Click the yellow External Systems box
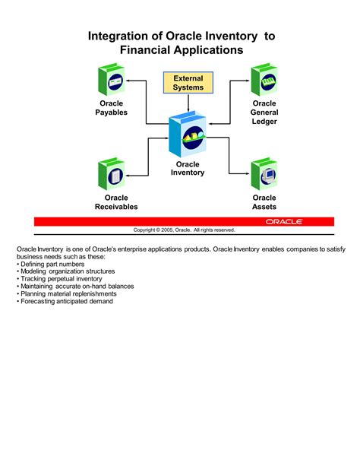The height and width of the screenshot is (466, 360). pos(188,82)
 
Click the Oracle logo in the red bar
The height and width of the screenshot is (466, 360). pos(284,221)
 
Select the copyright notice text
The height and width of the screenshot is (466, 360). pos(185,230)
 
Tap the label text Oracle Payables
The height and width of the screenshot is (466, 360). pos(111,108)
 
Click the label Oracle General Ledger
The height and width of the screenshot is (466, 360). pos(264,113)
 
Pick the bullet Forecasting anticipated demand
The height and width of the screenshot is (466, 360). pos(67,301)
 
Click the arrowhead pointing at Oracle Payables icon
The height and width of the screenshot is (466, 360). pos(129,79)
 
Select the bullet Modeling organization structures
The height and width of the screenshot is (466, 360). pos(67,271)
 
